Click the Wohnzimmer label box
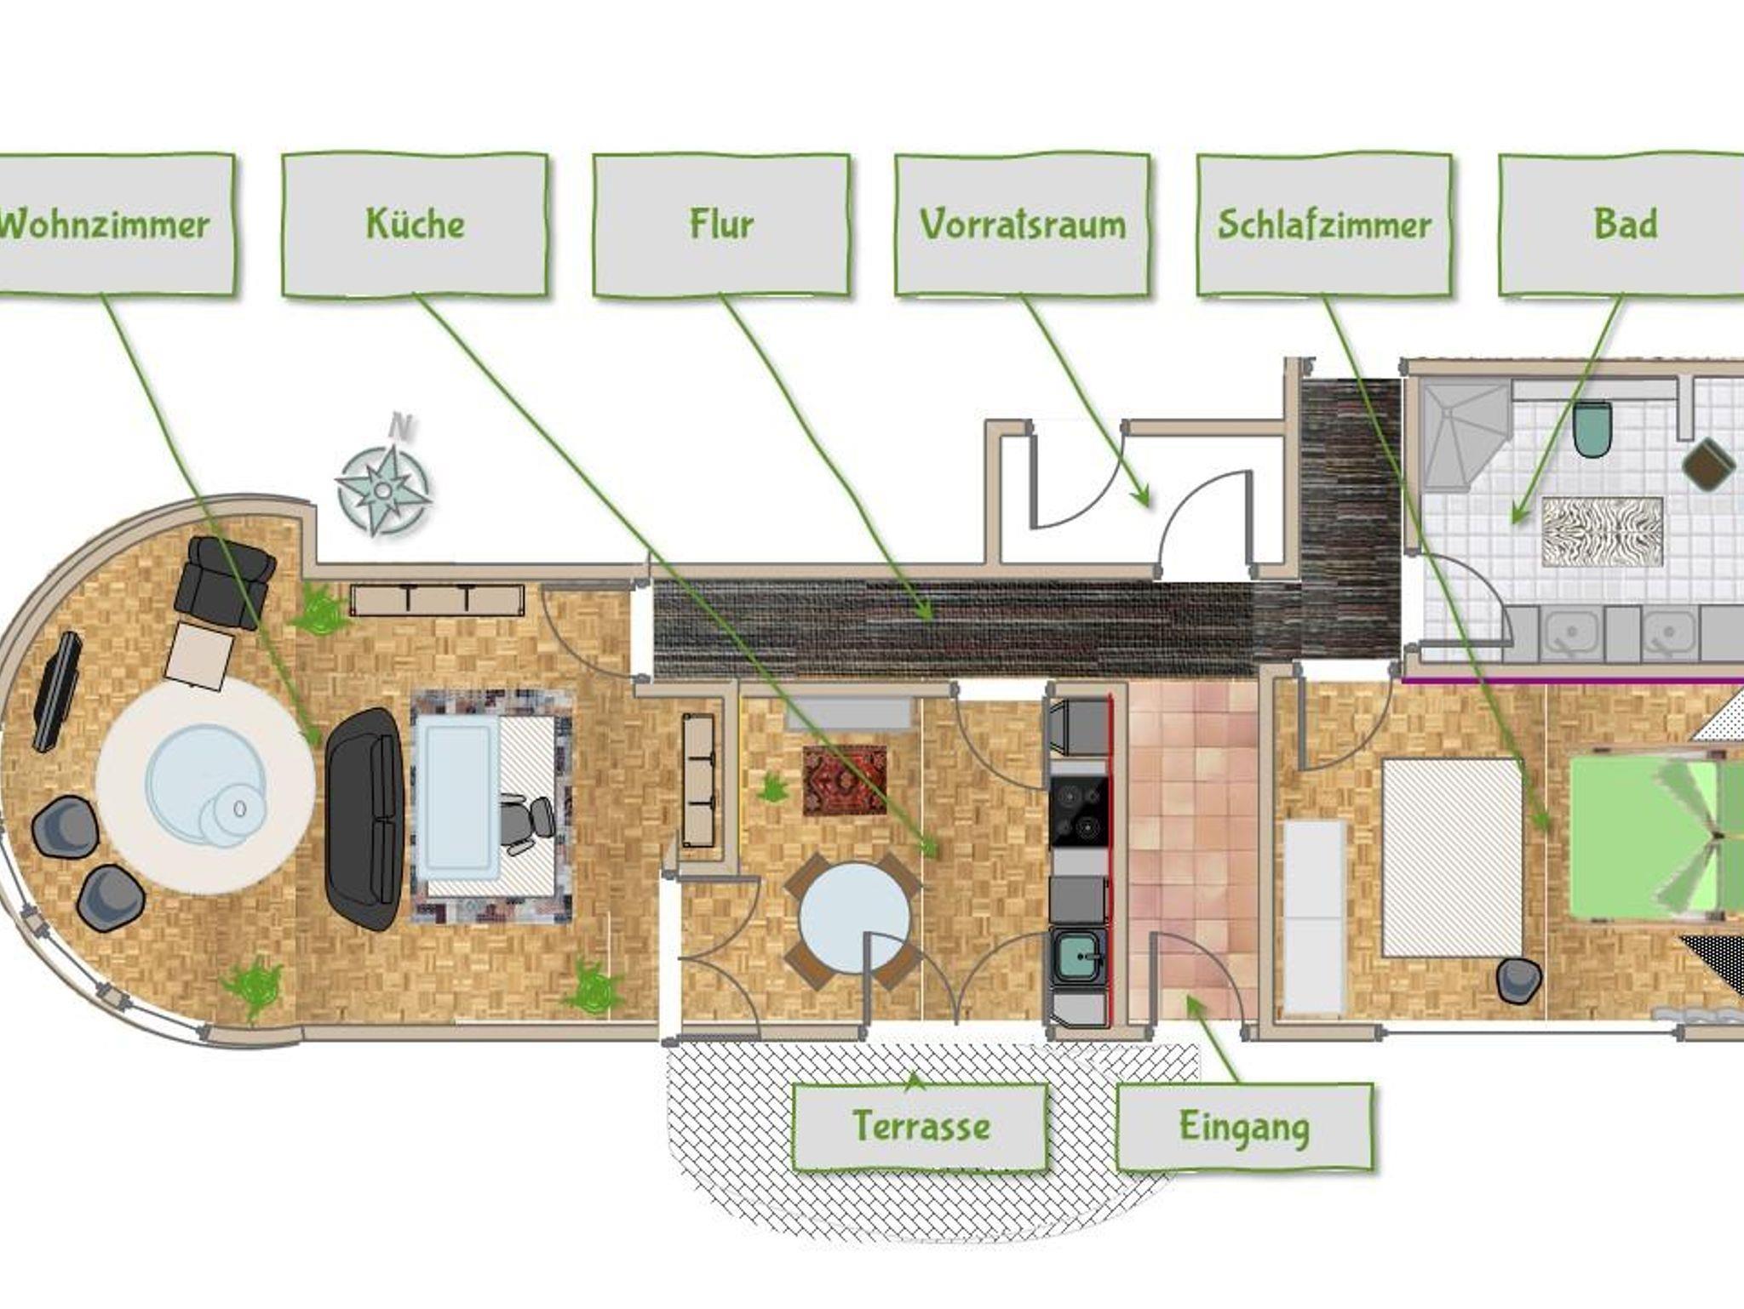point(116,225)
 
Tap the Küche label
point(415,225)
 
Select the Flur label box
point(721,225)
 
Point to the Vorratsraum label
point(1023,225)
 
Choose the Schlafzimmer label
point(1324,225)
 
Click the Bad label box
point(1622,225)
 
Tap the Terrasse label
point(921,1127)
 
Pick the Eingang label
point(1244,1127)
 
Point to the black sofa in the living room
point(364,819)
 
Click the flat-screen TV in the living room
point(57,691)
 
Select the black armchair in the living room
point(225,582)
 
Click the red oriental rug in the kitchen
point(845,780)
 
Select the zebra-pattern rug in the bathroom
point(1602,531)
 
